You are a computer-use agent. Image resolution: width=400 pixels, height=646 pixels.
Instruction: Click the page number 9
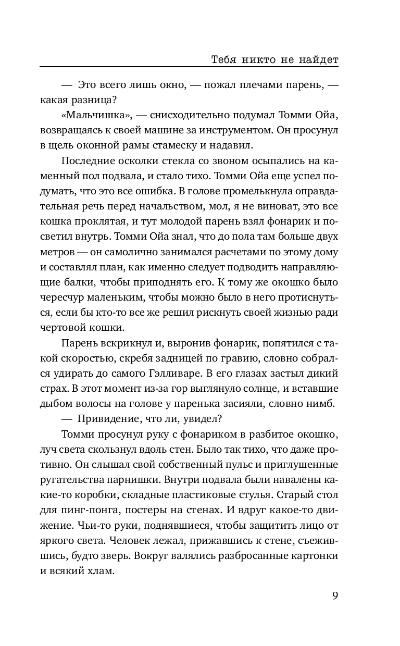click(x=335, y=596)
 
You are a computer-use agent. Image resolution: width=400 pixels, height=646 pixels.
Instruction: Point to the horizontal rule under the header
click(x=189, y=67)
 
